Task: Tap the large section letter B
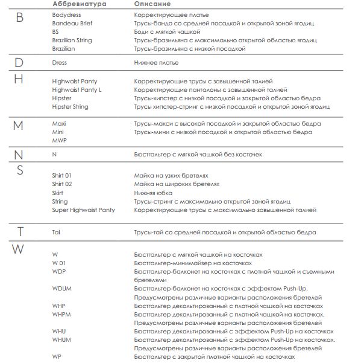[x=19, y=18]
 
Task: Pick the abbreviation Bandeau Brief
[x=72, y=23]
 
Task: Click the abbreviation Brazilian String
[x=73, y=40]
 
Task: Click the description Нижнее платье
[x=156, y=63]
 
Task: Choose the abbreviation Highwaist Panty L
[x=77, y=90]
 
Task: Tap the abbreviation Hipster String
[x=70, y=107]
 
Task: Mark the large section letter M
[x=18, y=126]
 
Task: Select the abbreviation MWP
[x=59, y=141]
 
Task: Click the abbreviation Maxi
[x=58, y=124]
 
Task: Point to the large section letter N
[x=19, y=155]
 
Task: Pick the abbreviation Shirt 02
[x=61, y=184]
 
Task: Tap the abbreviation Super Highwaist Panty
[x=83, y=210]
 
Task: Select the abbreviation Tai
[x=56, y=232]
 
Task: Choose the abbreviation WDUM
[x=62, y=289]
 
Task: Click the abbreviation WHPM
[x=62, y=314]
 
